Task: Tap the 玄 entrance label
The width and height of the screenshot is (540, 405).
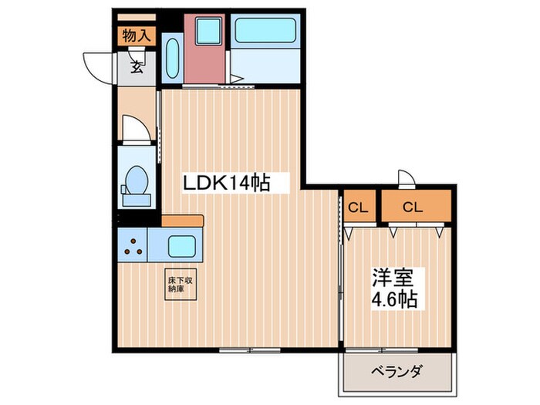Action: tap(136, 67)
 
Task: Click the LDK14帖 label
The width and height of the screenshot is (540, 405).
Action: tap(225, 184)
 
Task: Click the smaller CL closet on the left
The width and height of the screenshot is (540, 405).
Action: tap(357, 207)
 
